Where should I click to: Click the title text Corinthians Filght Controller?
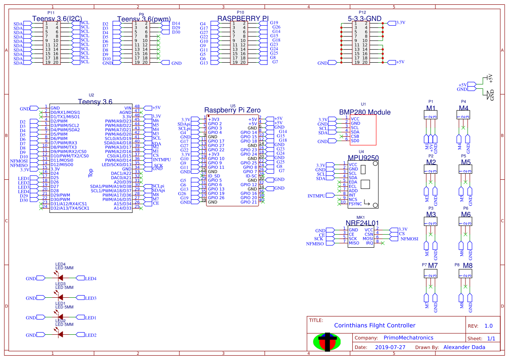click(374, 325)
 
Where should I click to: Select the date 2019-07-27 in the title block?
click(390, 347)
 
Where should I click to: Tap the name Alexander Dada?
click(464, 347)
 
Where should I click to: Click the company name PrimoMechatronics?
click(408, 338)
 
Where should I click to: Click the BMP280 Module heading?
click(365, 112)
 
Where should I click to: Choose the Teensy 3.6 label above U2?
click(95, 101)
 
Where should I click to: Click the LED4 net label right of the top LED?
click(91, 279)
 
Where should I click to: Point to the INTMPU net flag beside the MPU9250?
click(317, 196)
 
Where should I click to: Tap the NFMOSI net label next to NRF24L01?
click(409, 239)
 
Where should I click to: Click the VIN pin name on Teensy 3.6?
click(128, 108)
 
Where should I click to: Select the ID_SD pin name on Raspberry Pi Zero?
click(214, 176)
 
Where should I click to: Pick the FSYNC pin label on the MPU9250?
click(355, 203)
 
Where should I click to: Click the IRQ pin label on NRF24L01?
click(369, 242)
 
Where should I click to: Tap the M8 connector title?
click(468, 265)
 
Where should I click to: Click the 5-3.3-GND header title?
click(365, 19)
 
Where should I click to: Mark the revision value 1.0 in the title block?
click(489, 326)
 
